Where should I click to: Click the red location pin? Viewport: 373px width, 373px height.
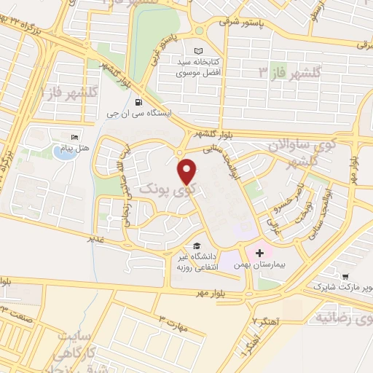[188, 172]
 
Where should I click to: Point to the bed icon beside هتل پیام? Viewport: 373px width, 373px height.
[73, 138]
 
